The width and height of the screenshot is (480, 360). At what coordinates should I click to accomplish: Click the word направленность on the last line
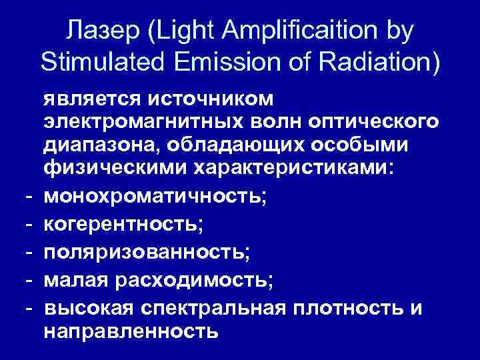(131, 331)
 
